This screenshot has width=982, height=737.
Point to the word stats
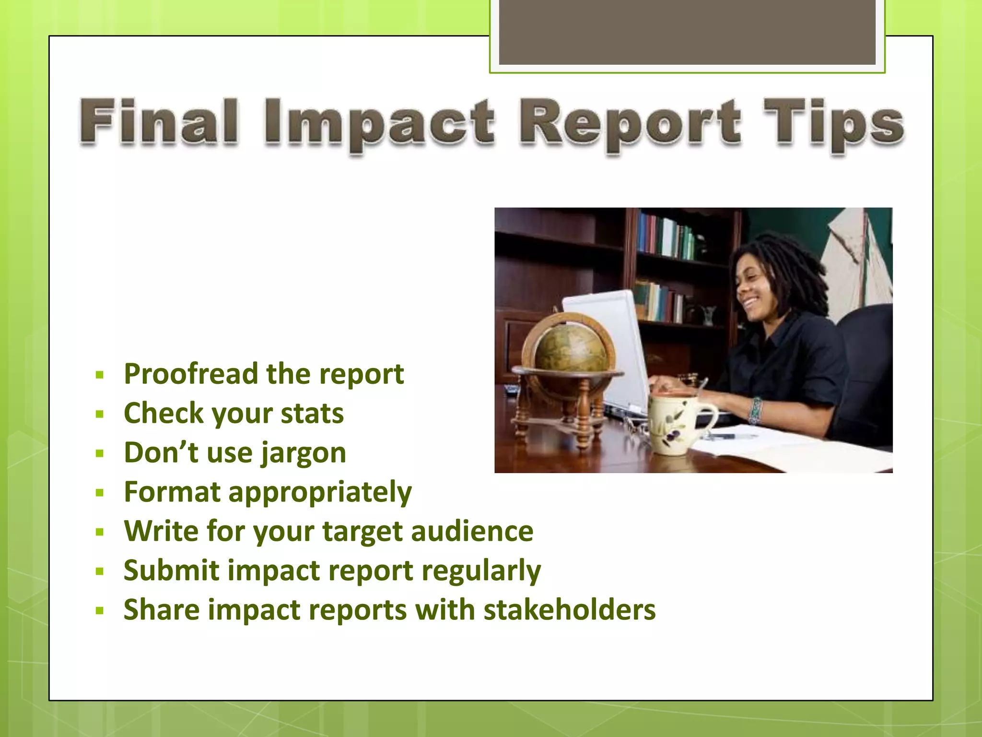tap(312, 413)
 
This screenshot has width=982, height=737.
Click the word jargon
tap(303, 453)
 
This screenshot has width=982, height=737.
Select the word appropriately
tap(320, 493)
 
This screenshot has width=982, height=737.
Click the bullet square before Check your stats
tap(100, 414)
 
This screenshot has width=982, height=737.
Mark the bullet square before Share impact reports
tap(100, 611)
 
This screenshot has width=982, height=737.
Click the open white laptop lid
tap(607, 345)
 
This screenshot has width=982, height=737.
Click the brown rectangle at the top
tap(687, 31)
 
